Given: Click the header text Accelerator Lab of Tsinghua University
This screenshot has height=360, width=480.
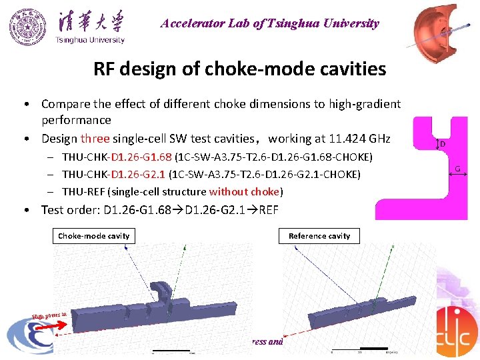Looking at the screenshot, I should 269,24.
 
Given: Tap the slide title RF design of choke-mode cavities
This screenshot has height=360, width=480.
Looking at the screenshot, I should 240,69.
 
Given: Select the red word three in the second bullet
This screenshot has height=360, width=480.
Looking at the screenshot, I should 95,139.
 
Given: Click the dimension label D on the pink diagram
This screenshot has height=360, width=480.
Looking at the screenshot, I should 443,143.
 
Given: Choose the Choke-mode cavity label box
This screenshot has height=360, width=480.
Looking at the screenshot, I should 93,235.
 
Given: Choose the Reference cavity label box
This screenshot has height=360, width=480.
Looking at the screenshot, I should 319,235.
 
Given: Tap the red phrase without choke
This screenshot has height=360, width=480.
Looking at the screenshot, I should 245,192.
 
